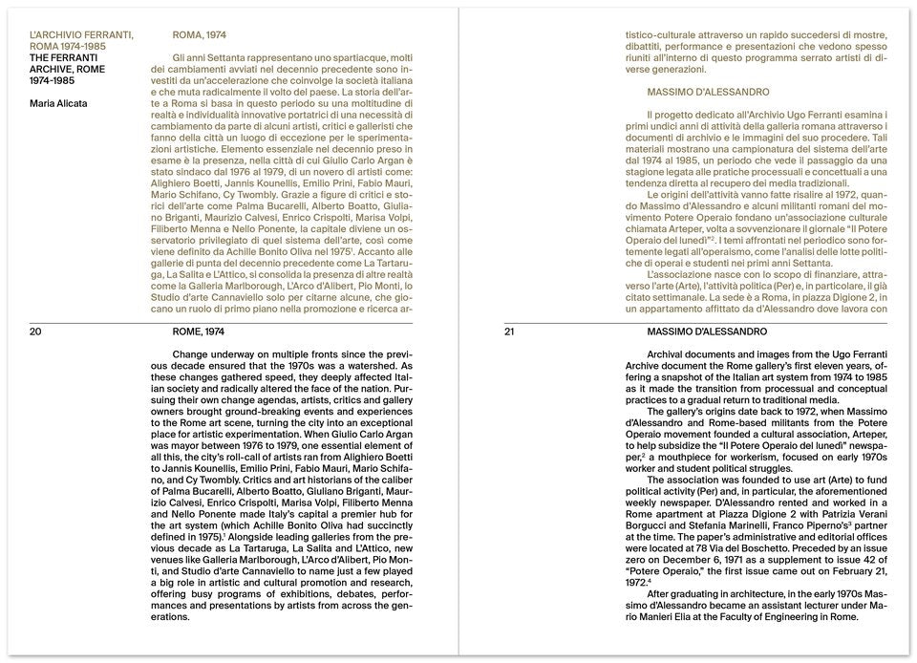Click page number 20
click(36, 331)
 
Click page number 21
click(509, 331)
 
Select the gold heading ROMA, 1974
click(199, 35)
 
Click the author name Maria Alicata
click(59, 103)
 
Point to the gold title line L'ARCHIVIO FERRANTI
click(81, 35)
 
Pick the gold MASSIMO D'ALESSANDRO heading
click(708, 92)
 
